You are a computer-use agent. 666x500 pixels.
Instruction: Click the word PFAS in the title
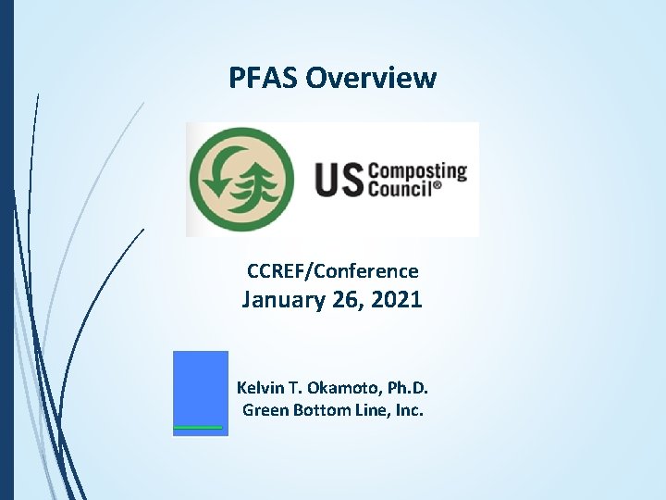pos(264,78)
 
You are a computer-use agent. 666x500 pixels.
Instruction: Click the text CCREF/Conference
pos(332,271)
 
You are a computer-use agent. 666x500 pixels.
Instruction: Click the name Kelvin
pos(263,387)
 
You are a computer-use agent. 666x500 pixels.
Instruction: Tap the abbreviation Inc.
pos(408,409)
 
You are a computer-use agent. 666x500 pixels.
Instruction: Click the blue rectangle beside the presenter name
pos(201,387)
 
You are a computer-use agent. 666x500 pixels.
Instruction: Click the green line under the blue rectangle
pos(199,428)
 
